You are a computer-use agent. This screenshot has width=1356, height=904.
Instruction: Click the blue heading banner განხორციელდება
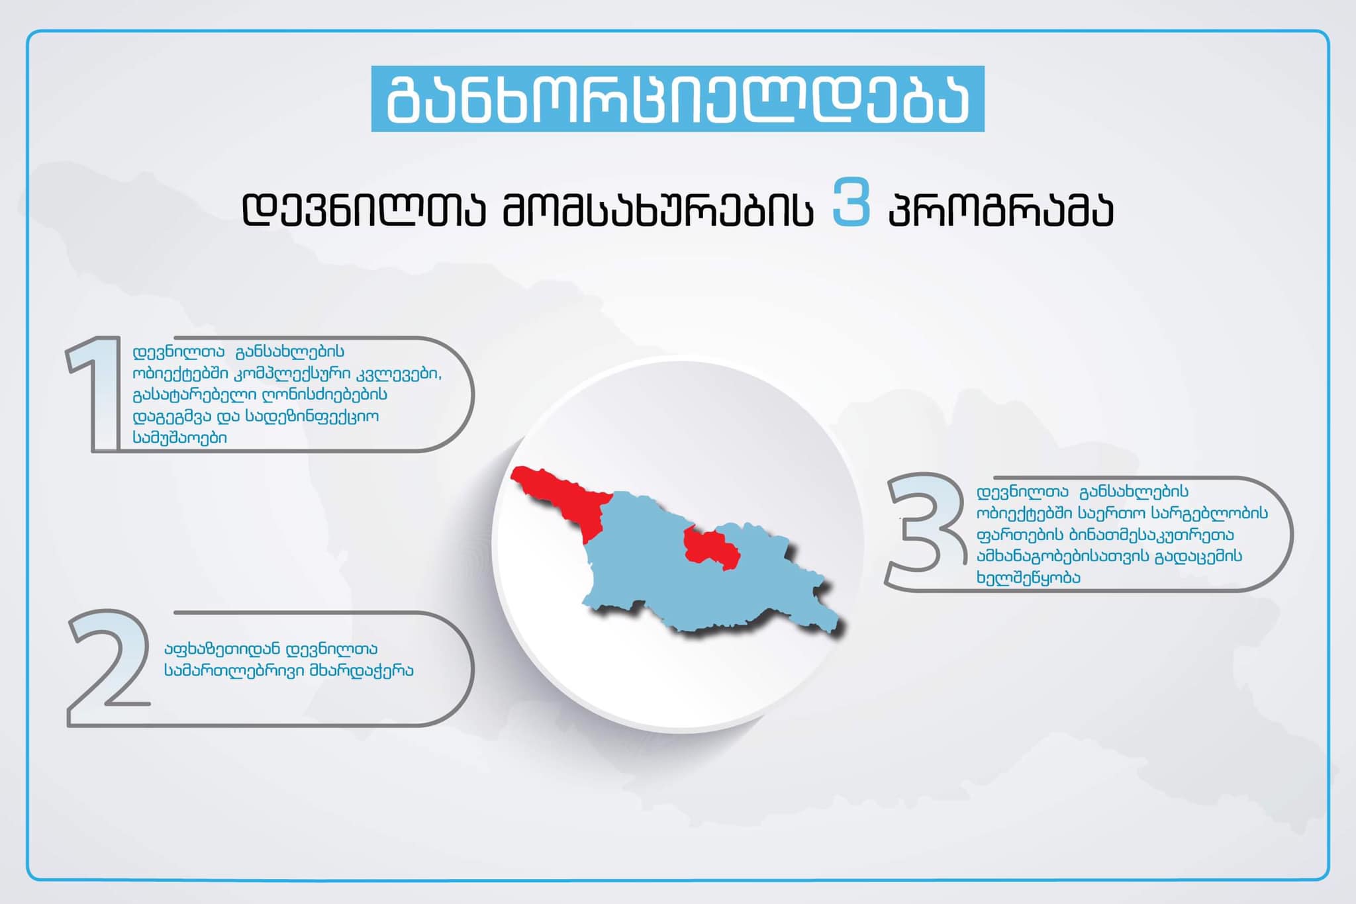tap(677, 99)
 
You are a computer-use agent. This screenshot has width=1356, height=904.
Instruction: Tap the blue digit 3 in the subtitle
tap(851, 203)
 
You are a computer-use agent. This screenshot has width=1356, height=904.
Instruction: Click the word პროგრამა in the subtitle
tap(1000, 210)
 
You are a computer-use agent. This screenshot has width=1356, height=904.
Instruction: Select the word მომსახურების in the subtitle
tap(657, 210)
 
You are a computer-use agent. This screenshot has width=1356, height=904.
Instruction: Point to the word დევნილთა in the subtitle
tap(364, 210)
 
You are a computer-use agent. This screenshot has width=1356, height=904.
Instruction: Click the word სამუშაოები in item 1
tap(180, 438)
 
